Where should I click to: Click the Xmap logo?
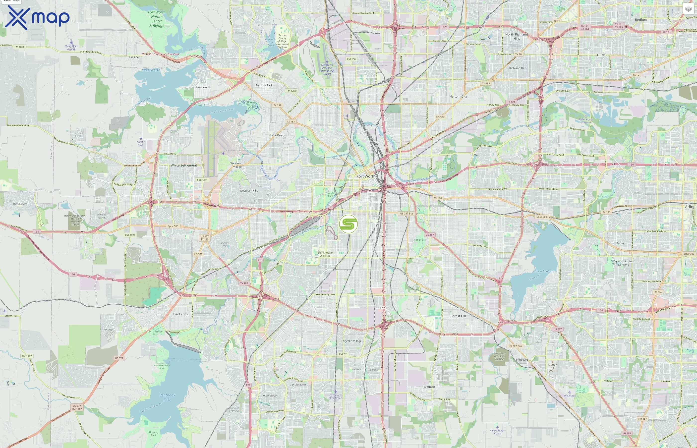click(x=37, y=18)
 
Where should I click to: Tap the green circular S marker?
click(x=348, y=224)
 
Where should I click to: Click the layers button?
click(x=688, y=9)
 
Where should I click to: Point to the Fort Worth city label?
click(x=366, y=176)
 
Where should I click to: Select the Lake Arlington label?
click(x=542, y=271)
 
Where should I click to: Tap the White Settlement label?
click(x=184, y=165)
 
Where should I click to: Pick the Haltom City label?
click(x=458, y=96)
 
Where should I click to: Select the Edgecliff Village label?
click(x=351, y=341)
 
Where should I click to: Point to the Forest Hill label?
click(x=458, y=316)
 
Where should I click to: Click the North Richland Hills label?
click(x=517, y=36)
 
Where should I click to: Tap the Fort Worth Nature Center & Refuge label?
click(x=157, y=19)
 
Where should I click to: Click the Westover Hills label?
click(x=249, y=191)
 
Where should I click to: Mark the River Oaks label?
click(x=276, y=135)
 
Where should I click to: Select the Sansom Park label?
click(x=264, y=85)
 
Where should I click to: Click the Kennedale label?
click(x=521, y=360)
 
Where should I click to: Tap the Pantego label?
click(x=622, y=243)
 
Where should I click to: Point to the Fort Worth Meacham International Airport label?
click(x=327, y=69)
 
